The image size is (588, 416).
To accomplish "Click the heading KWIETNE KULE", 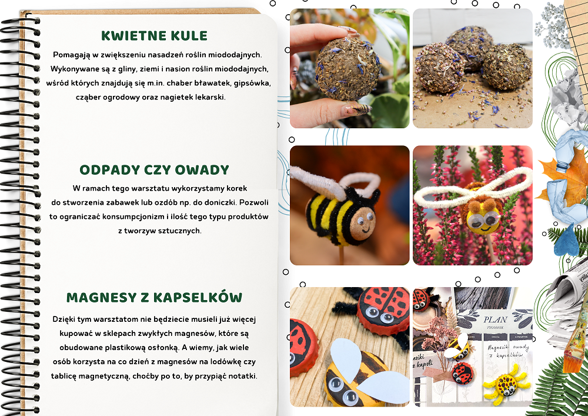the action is [154, 36].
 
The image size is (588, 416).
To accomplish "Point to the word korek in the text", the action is [236, 188].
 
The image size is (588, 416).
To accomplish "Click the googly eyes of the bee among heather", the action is [483, 219].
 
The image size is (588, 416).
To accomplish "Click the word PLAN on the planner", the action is [495, 320].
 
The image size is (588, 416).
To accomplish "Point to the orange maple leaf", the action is [564, 177].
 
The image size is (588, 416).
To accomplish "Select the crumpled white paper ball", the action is [569, 98].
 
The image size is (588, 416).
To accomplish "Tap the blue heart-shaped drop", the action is [566, 241].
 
